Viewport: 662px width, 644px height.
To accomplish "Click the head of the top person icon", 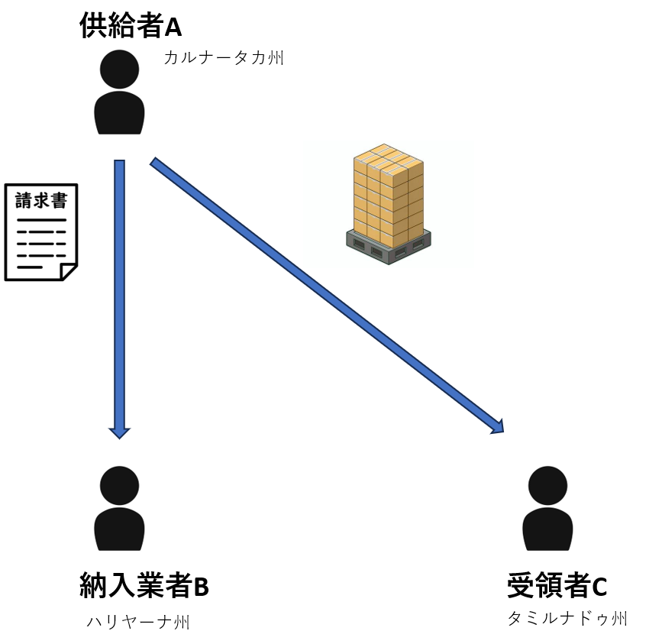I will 119,69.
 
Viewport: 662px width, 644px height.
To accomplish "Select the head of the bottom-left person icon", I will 119,485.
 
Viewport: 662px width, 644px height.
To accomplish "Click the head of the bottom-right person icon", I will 547,485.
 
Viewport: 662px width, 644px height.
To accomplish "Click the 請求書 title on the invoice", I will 41,201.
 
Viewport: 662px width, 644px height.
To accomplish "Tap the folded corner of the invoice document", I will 69,272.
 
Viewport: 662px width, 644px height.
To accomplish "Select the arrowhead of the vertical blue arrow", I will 120,432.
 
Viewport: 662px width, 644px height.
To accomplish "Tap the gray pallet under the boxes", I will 389,249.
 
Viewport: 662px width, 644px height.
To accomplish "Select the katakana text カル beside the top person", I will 179,58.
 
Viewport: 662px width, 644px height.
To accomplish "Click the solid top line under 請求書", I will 41,220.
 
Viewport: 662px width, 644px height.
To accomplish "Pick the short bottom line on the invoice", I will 30,267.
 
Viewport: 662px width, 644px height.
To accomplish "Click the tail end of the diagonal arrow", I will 155,162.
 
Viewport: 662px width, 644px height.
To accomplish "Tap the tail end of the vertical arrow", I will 120,163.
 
